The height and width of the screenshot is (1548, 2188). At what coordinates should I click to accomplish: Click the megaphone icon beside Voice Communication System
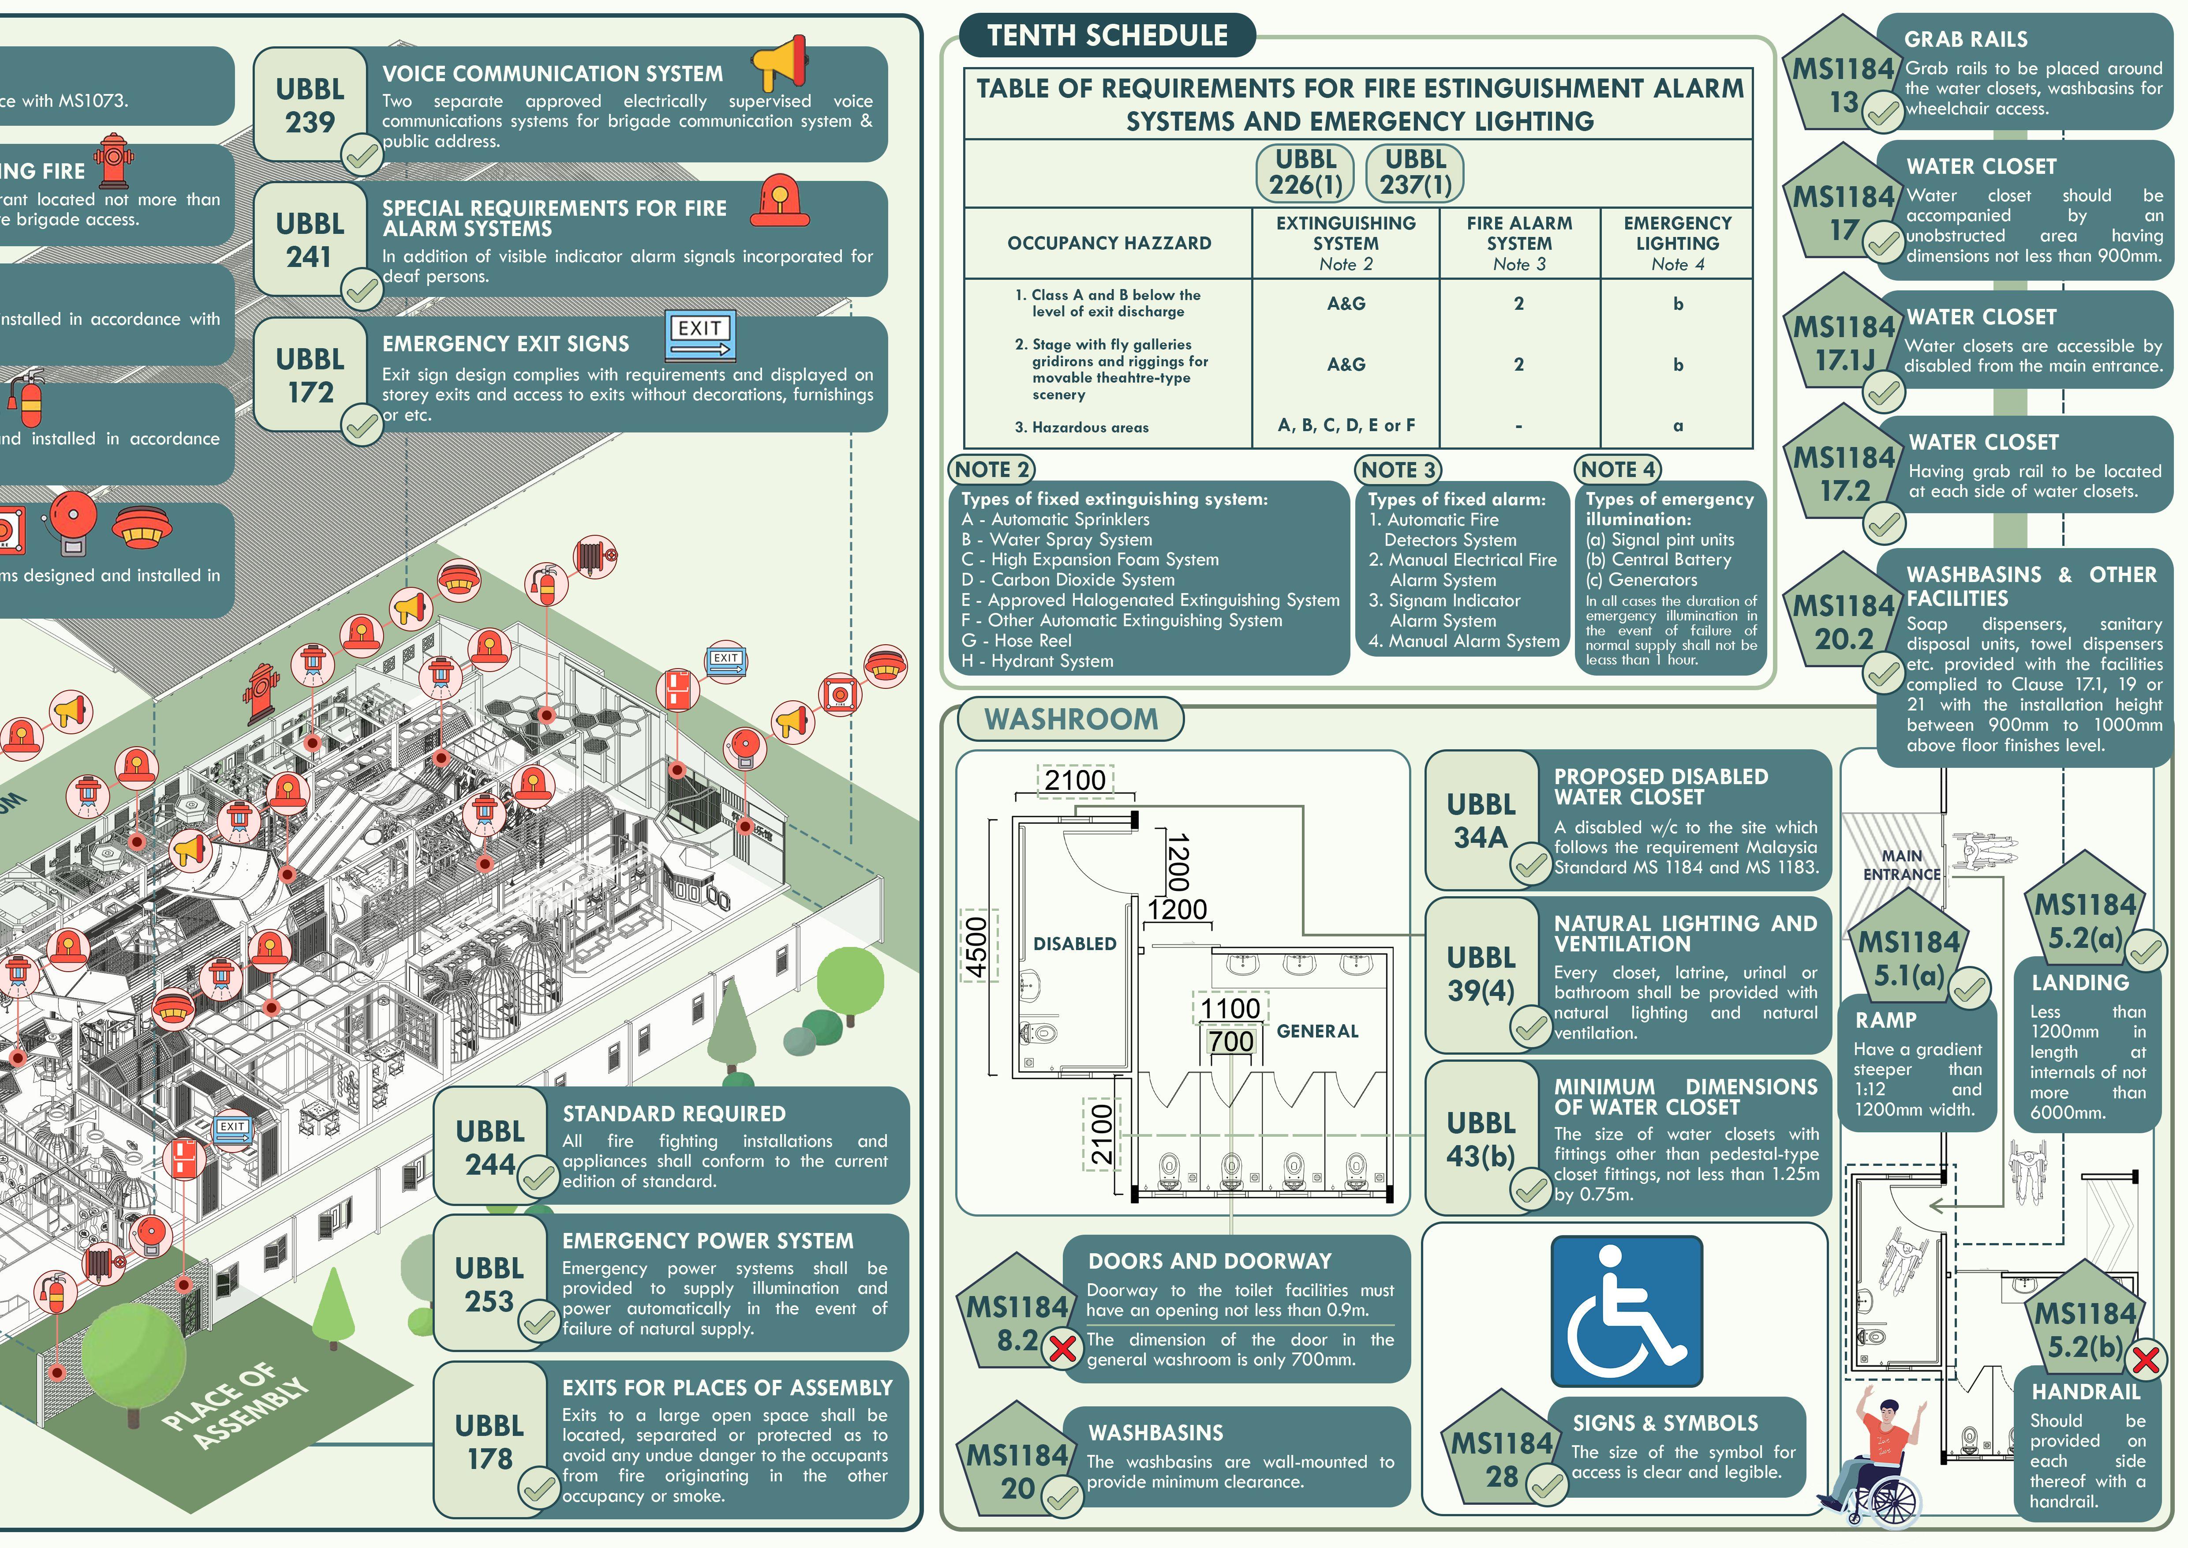779,61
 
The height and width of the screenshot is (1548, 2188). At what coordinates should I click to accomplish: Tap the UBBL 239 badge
310,106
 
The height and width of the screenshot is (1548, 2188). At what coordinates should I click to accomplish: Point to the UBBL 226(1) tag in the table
1305,173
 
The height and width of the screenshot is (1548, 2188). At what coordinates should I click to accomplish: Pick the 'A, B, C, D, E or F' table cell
1346,425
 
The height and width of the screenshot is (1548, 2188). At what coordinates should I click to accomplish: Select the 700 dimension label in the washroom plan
1230,1041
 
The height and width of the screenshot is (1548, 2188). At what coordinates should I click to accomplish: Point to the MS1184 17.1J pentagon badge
1844,343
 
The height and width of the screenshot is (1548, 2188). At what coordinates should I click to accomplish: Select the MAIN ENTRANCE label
1901,864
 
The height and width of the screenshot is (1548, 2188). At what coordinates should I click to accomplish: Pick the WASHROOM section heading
1070,719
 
